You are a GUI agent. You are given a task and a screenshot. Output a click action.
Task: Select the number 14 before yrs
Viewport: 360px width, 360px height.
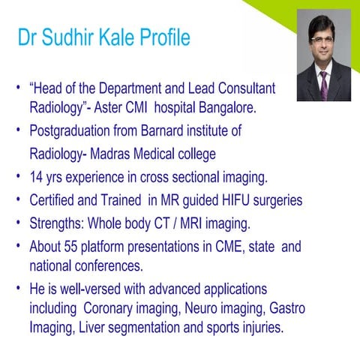[37, 178]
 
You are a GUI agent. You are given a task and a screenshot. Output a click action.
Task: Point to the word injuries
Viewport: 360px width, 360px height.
[258, 328]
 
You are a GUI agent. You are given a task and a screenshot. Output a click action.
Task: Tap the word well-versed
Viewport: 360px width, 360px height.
[82, 289]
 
